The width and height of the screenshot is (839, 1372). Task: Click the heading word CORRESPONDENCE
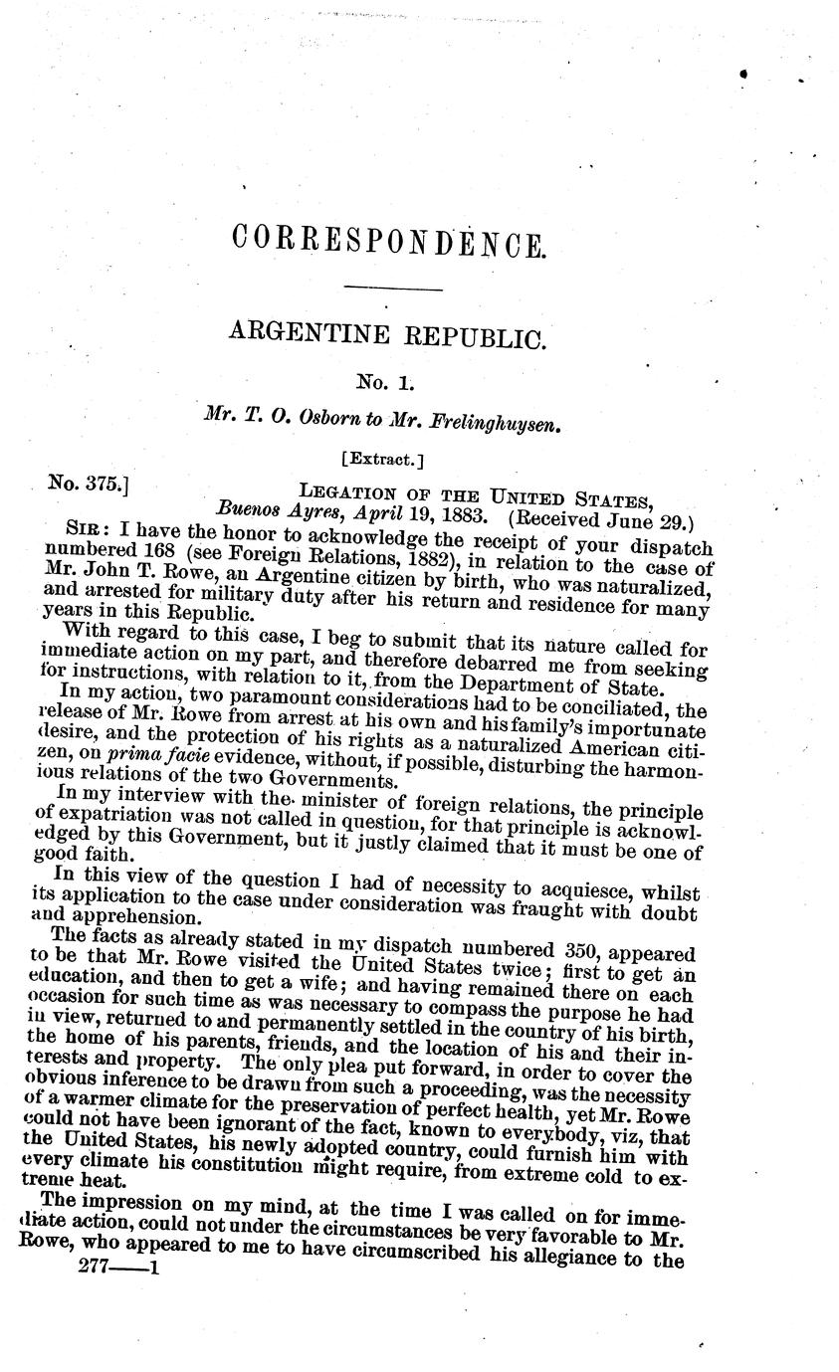click(x=388, y=242)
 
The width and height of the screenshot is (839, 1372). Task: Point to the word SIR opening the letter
click(x=82, y=528)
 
